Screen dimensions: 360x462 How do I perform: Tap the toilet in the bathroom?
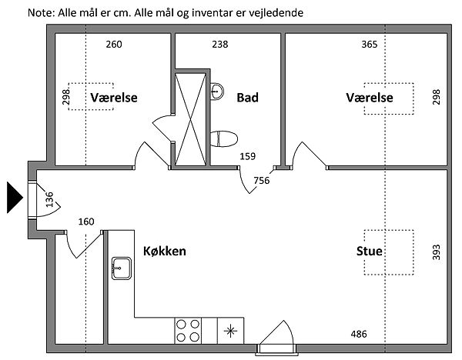226,139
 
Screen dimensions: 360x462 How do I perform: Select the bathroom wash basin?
217,91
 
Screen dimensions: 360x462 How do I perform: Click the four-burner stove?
189,330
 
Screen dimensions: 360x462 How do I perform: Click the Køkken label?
165,251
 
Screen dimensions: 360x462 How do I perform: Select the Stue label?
370,252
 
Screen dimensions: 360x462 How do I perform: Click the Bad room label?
247,98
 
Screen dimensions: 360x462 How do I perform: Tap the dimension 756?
262,181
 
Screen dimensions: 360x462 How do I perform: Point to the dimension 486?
359,334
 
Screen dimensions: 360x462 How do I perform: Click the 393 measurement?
436,252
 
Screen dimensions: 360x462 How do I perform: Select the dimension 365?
369,45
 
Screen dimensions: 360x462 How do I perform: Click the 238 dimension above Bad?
220,45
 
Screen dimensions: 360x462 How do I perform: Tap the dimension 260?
114,45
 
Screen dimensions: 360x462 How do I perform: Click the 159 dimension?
247,157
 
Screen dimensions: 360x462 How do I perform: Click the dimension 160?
86,222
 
